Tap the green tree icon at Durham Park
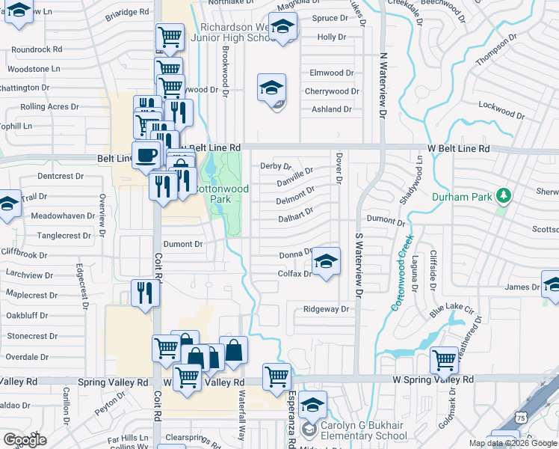point(504,196)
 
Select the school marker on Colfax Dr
point(326,262)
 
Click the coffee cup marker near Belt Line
point(146,156)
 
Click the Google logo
point(25,440)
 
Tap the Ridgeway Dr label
point(327,309)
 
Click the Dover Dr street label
point(339,169)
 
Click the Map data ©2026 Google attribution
point(513,443)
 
